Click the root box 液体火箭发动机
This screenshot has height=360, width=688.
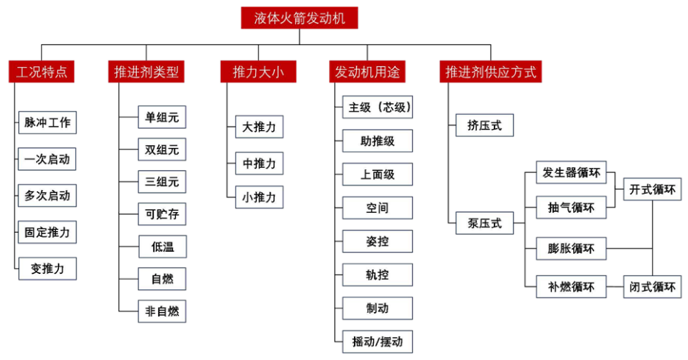299,17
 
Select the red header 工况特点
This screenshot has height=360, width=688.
43,71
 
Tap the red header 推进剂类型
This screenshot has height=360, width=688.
146,71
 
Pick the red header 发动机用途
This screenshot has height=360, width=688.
365,71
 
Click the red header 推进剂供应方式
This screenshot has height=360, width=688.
491,71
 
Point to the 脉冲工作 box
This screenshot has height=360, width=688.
48,123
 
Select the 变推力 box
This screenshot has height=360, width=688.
48,269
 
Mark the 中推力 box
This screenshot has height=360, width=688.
259,163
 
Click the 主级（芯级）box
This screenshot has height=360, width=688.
377,107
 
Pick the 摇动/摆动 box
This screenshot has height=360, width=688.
377,342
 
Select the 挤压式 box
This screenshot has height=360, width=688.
484,125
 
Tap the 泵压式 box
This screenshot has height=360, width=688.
484,224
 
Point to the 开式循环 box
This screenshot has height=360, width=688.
652,189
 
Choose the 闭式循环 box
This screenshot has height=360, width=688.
652,286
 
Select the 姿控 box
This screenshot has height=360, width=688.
377,241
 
